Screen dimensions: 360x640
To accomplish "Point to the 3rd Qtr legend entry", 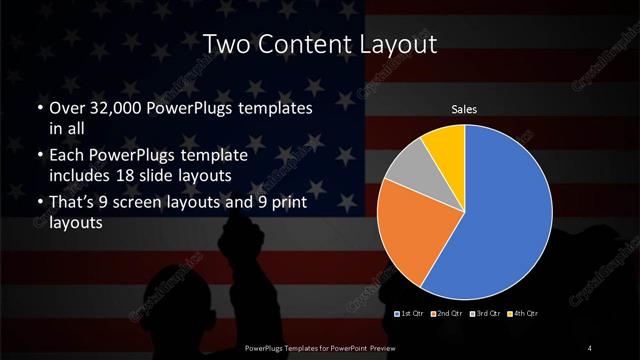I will coord(483,314).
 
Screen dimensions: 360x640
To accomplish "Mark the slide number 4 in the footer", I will coord(590,347).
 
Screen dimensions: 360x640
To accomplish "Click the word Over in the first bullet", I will coord(68,107).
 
